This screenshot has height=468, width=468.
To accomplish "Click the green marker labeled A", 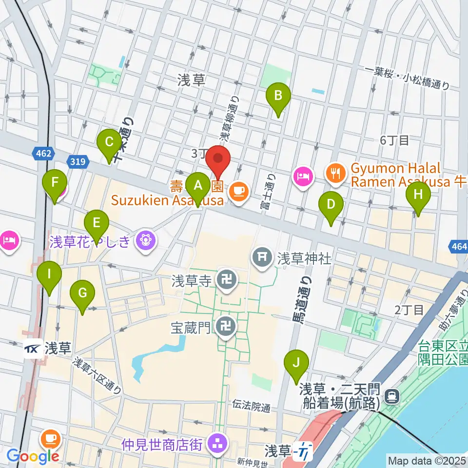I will pos(197,186).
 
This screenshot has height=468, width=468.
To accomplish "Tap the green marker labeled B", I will pos(278,96).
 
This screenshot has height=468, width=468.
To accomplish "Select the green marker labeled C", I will pos(109,143).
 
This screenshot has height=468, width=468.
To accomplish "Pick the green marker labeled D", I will pos(331,204).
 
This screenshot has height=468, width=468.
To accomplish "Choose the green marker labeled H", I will pos(418,195).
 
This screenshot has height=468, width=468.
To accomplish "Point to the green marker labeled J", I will pos(296,363).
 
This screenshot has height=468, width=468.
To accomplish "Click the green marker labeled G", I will pos(82,293).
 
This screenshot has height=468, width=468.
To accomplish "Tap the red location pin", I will pos(217,161).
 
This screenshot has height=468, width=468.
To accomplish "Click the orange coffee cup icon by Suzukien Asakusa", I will pos(238,190).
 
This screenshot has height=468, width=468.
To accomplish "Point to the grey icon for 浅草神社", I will pos(262,256).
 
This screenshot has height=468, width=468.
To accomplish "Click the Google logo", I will pos(33,456).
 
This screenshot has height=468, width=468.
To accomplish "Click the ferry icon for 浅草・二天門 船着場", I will pos(390,396).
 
